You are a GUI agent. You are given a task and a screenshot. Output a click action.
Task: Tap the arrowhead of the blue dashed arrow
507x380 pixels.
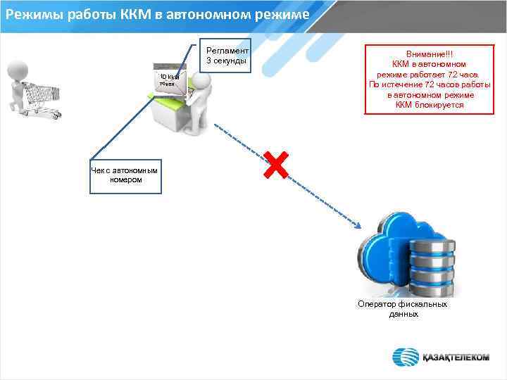coord(359,226)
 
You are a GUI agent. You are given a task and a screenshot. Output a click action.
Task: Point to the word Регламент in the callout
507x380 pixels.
coord(227,51)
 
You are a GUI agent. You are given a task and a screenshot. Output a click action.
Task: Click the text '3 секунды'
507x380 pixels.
coord(226,61)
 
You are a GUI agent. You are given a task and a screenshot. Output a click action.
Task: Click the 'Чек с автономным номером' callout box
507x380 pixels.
coord(125,175)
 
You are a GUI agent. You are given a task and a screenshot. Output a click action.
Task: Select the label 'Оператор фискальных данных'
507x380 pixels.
coord(402,309)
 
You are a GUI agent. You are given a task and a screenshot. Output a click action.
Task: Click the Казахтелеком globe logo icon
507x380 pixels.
coord(406,356)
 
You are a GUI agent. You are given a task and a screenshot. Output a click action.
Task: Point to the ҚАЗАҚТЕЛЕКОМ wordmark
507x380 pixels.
coord(456,357)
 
